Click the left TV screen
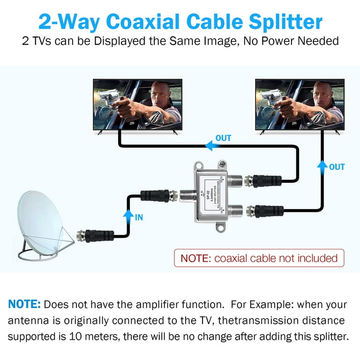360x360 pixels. tap(137, 104)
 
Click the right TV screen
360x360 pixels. tap(300, 104)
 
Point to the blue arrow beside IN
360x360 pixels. tap(126, 217)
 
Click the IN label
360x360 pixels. tap(139, 217)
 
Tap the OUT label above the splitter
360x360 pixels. tap(223, 138)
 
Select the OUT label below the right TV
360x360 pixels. tap(337, 167)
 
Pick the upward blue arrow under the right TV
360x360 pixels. tap(322, 167)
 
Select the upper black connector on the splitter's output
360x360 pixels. tap(265, 180)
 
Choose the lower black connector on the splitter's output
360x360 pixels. tap(267, 210)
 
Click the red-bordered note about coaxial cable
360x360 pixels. tap(259, 258)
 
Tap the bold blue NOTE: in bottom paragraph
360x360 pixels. tap(24, 305)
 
